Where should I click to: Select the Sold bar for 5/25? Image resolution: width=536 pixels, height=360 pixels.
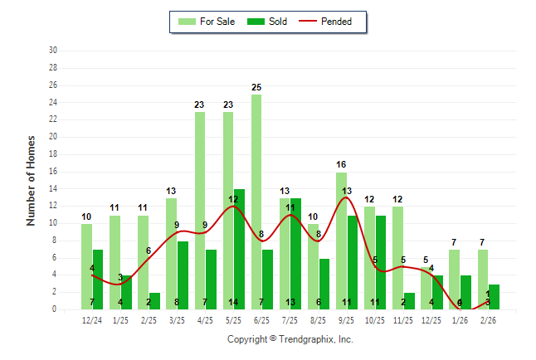(x=239, y=249)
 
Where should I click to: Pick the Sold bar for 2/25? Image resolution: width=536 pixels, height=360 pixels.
(x=154, y=300)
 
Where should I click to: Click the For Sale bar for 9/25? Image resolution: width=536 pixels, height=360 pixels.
(x=341, y=241)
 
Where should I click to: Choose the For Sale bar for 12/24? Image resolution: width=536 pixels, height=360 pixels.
(x=86, y=266)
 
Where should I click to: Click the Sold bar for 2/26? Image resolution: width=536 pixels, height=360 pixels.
(x=493, y=296)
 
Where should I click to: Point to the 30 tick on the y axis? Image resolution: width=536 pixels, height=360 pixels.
(x=52, y=51)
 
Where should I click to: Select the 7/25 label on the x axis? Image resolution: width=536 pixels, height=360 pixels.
(x=290, y=320)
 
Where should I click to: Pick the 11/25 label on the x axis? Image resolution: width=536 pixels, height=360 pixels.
(x=403, y=320)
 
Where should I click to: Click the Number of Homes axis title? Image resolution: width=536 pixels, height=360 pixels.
(x=31, y=180)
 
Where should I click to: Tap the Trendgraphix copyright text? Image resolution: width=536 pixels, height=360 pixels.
(x=290, y=339)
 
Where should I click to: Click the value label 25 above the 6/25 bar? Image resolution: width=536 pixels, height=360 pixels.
(x=256, y=87)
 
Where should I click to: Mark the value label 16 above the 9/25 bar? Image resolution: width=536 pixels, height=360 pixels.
(x=341, y=164)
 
